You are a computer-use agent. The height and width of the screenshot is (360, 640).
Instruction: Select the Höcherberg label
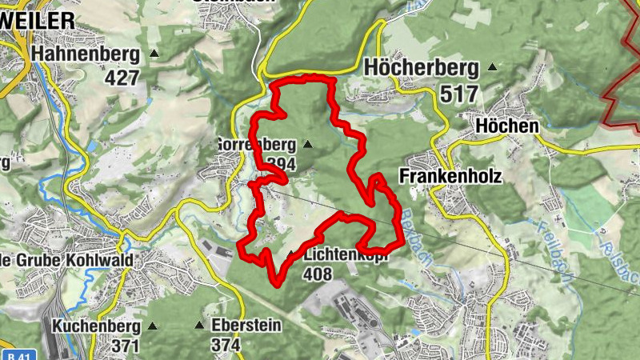click(x=421, y=69)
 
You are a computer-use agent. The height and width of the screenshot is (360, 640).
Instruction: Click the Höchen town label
click(x=506, y=126)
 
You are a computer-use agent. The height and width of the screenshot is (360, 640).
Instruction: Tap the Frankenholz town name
click(x=450, y=176)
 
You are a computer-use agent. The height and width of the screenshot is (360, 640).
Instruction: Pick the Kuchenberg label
click(x=96, y=326)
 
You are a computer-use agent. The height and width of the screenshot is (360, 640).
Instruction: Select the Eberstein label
click(x=247, y=326)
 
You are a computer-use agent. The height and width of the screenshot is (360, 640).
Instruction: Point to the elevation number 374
click(x=226, y=345)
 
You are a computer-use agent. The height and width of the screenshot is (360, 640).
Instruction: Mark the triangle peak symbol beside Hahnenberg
click(x=154, y=54)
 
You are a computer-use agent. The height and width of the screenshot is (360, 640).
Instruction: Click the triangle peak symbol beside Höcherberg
click(x=492, y=67)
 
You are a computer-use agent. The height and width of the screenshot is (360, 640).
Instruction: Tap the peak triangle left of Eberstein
click(x=199, y=326)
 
